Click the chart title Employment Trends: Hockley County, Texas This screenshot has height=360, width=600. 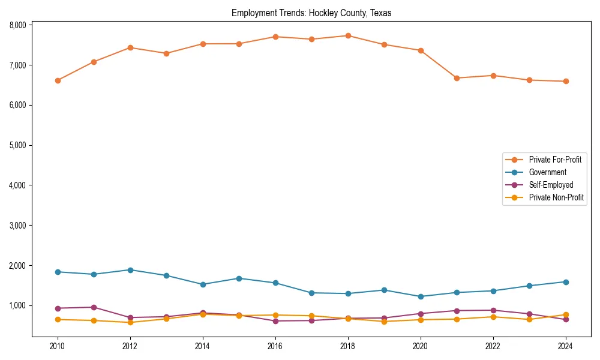click(311, 13)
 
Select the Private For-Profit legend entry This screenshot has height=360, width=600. click(550, 160)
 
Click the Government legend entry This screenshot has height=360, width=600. click(547, 172)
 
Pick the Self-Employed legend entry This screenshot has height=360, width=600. click(551, 185)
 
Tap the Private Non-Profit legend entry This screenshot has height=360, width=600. click(556, 197)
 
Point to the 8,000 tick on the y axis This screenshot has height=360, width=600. click(17, 25)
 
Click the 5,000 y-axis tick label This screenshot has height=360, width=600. click(17, 145)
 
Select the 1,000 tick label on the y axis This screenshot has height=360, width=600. click(17, 305)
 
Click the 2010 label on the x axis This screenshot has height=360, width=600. click(58, 346)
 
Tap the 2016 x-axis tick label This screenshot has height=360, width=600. click(275, 346)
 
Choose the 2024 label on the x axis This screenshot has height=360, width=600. click(565, 346)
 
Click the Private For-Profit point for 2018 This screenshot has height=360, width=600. click(347, 36)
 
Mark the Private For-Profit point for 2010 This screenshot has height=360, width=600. click(58, 80)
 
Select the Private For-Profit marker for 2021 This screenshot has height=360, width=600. click(457, 78)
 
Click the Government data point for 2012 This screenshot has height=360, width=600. click(130, 270)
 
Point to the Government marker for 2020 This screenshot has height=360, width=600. click(420, 296)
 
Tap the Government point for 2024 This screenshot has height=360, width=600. click(565, 282)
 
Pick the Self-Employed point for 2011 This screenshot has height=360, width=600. click(94, 307)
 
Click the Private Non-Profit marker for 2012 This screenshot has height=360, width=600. click(130, 322)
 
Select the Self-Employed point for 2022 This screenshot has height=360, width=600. click(493, 310)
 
